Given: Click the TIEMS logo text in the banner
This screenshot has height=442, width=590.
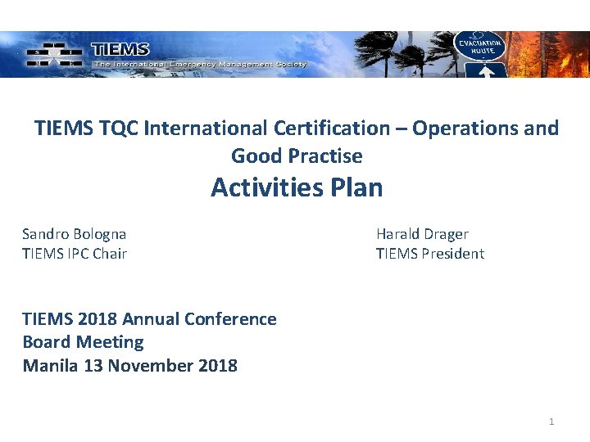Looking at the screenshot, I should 120,50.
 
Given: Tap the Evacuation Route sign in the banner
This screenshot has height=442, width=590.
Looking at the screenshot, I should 481,45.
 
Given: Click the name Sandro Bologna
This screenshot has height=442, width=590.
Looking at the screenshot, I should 75,234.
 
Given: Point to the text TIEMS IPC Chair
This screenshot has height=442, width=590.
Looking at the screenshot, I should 75,254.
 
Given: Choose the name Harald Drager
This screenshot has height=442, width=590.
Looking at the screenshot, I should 422,234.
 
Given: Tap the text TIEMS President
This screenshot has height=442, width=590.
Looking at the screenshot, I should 430,254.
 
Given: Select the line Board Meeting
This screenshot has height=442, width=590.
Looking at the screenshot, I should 83,342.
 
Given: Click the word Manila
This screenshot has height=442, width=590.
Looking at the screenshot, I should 50,365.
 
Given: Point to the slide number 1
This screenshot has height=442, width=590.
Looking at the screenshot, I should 551,422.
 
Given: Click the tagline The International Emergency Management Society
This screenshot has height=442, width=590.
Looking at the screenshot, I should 200,64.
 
